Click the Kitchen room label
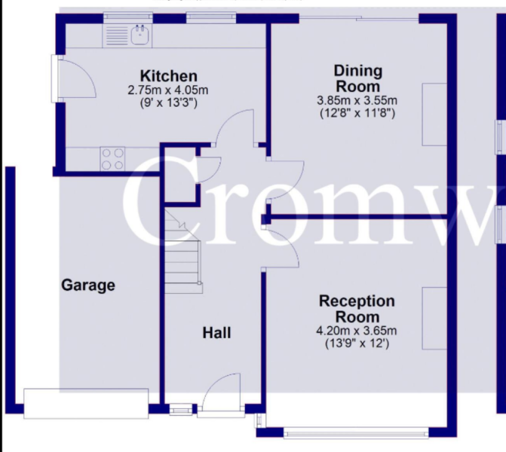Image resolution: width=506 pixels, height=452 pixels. (169, 76)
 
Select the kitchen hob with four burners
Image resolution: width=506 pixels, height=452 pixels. (113, 157)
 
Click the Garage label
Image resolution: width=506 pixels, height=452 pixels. (88, 286)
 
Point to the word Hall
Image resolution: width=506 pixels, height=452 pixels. (216, 332)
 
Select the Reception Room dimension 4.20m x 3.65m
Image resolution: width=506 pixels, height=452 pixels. (357, 331)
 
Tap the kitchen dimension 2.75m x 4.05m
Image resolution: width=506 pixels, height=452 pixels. (169, 90)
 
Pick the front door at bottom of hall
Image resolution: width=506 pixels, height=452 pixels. (223, 395)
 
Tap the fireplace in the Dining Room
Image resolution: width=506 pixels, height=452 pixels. (433, 115)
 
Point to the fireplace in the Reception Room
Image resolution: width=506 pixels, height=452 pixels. (433, 318)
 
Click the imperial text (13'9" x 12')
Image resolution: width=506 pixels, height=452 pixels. (357, 344)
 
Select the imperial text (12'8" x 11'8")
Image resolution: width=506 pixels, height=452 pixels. (357, 114)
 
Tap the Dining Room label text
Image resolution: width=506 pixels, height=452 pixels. (358, 78)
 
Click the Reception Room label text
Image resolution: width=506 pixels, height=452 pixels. (357, 309)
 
